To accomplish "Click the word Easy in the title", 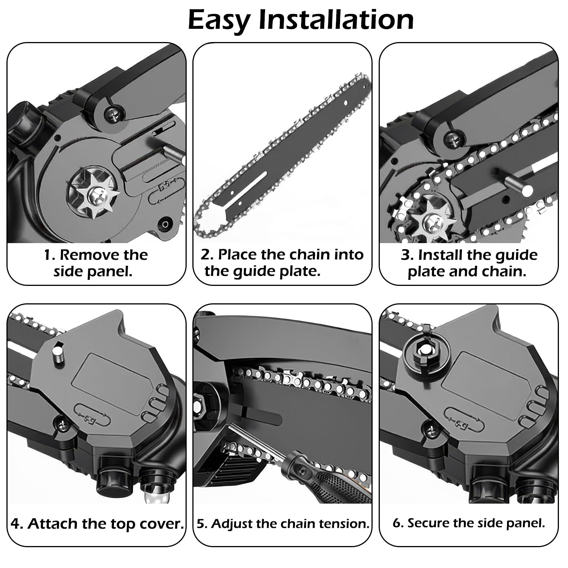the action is pyautogui.click(x=218, y=21).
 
